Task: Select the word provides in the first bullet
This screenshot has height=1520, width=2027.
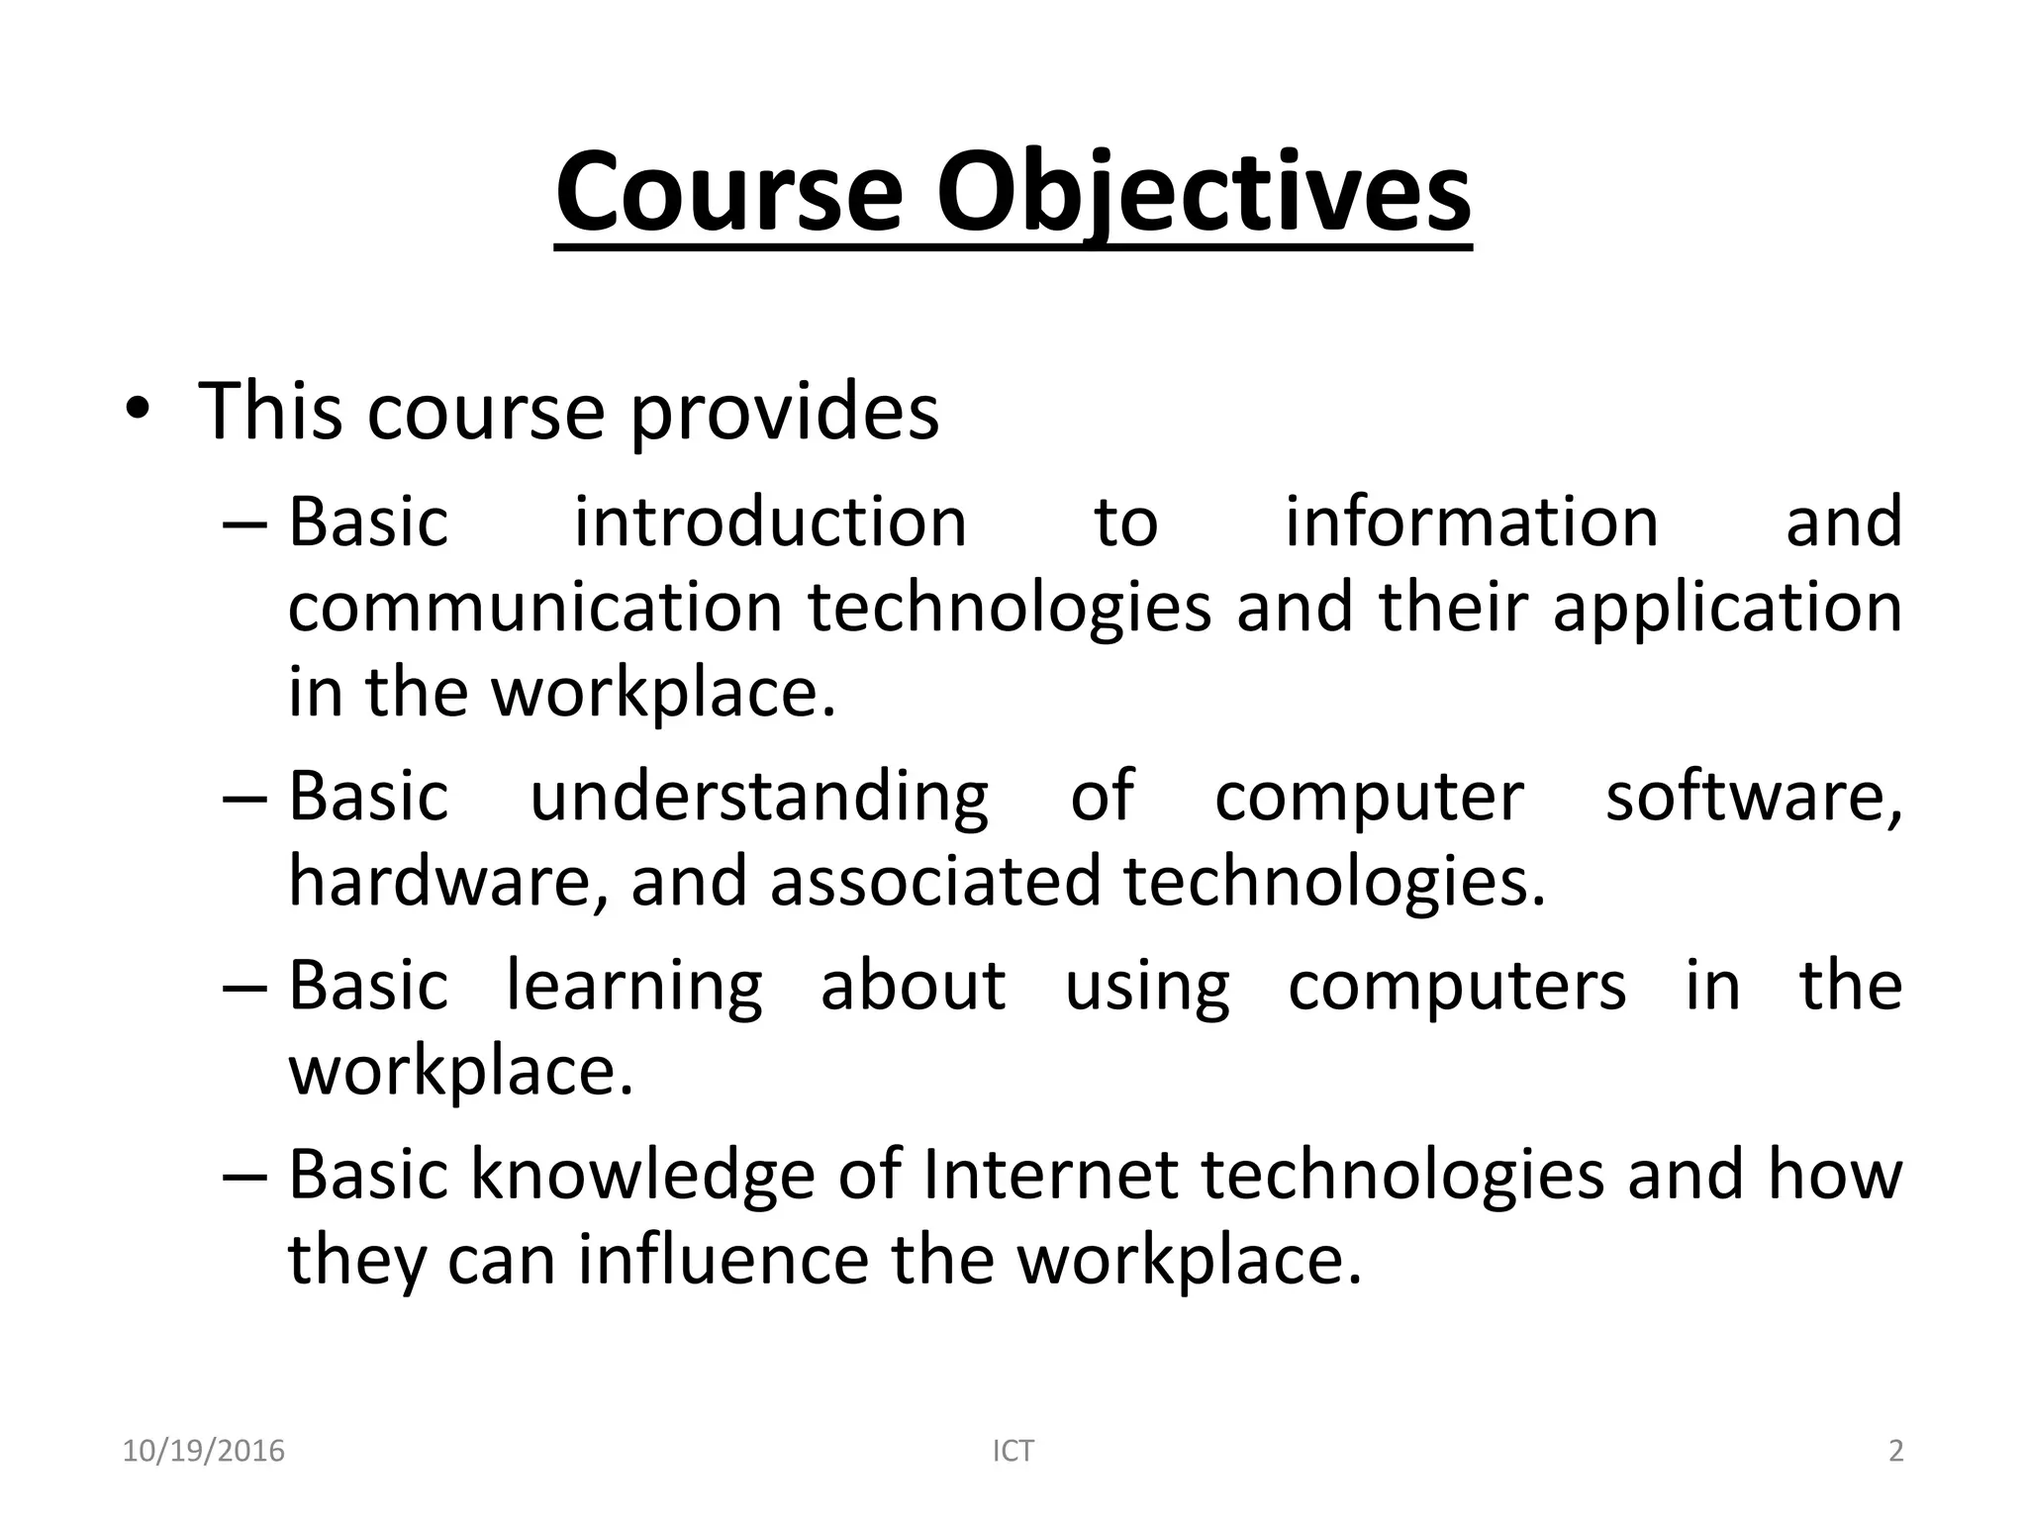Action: (784, 412)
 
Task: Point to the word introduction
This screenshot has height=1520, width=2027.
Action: (770, 522)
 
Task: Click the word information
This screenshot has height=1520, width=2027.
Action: (1471, 522)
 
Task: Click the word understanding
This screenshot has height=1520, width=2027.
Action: (759, 796)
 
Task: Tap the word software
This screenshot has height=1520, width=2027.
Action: (1753, 796)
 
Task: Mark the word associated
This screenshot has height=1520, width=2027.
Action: (935, 881)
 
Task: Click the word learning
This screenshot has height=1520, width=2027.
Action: (634, 986)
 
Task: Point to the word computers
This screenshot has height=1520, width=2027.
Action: (1457, 986)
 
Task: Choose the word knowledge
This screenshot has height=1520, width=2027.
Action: (642, 1174)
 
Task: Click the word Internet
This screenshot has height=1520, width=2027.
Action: (1050, 1174)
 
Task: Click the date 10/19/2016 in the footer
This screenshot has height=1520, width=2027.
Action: (203, 1451)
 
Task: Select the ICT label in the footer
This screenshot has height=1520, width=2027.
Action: (1013, 1451)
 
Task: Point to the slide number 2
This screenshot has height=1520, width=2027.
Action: (1895, 1451)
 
